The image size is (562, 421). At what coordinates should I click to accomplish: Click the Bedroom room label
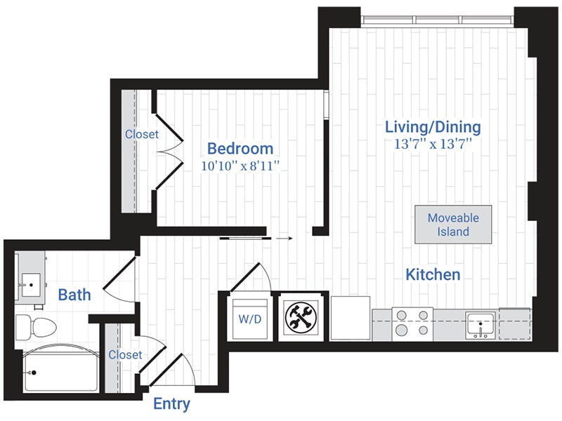pos(240,149)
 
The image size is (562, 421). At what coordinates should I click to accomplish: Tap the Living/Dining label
pos(433,127)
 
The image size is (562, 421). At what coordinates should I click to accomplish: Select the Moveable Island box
pos(452,225)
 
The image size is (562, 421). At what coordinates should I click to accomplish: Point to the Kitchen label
pos(433,274)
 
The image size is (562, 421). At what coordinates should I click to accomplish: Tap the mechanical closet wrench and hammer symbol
pos(303,317)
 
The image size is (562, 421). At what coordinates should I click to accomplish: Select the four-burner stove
pos(412,323)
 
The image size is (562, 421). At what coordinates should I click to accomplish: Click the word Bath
pos(74,295)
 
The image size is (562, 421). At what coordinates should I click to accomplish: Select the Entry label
pos(172,404)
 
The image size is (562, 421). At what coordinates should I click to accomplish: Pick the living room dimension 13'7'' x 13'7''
pos(433,145)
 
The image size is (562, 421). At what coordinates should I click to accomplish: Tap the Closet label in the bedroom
pos(142,134)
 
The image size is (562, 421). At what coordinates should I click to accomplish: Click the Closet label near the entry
pos(125,355)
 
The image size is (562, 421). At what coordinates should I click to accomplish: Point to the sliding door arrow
pos(283,239)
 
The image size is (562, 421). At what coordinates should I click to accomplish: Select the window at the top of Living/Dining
pos(438,19)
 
